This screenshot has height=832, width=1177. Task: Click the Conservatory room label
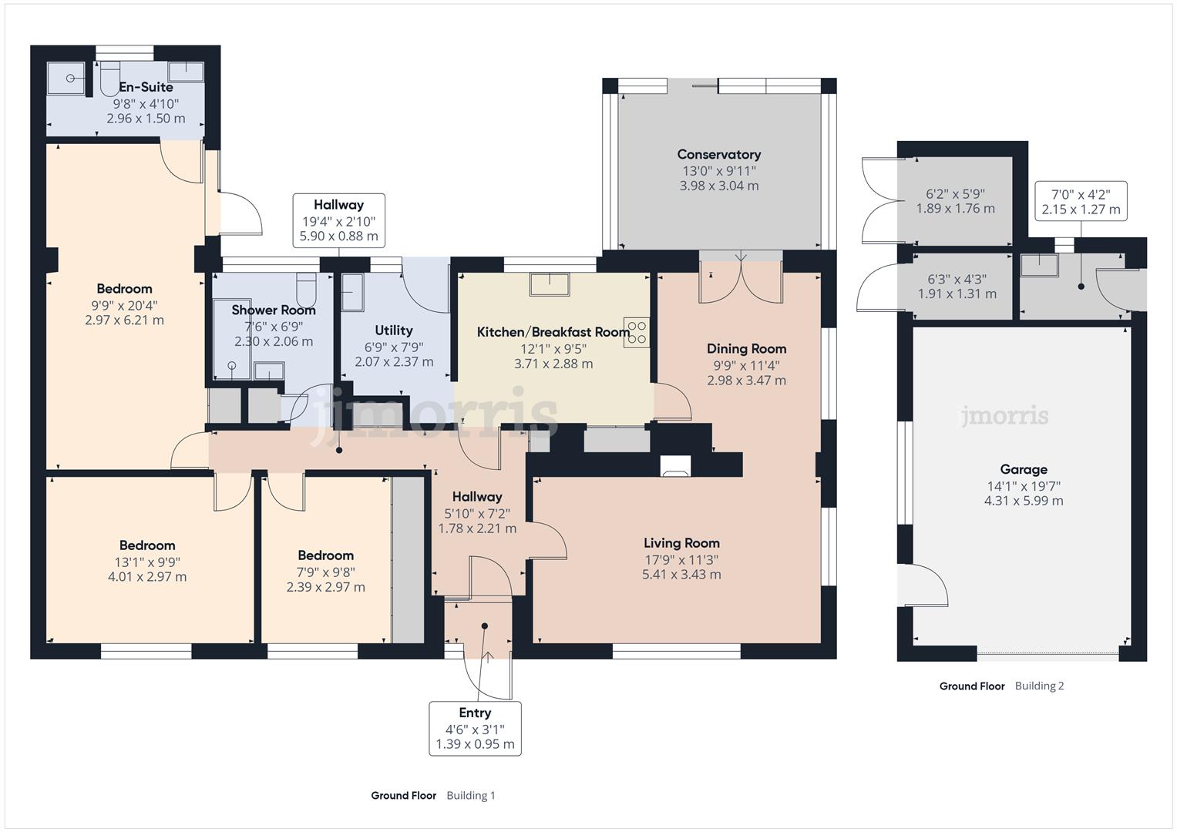pyautogui.click(x=719, y=154)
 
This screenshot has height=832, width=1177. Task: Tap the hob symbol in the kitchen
pyautogui.click(x=637, y=333)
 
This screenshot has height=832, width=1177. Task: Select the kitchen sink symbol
pyautogui.click(x=549, y=284)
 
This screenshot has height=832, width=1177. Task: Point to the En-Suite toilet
pyautogui.click(x=109, y=79)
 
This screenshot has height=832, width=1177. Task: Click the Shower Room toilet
pyautogui.click(x=306, y=290)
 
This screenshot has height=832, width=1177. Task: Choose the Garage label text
pyautogui.click(x=1024, y=470)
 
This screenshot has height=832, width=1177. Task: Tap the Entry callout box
pyautogui.click(x=475, y=729)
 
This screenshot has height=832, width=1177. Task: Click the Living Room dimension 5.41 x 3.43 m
pyautogui.click(x=681, y=575)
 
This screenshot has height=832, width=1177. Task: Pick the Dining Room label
pyautogui.click(x=746, y=349)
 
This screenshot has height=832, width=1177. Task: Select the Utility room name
pyautogui.click(x=394, y=330)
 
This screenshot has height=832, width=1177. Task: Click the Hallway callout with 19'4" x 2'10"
pyautogui.click(x=339, y=220)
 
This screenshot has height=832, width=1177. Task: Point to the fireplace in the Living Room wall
pyautogui.click(x=675, y=466)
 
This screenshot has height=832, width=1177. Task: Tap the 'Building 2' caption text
pyautogui.click(x=1039, y=686)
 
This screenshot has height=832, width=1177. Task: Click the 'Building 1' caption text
pyautogui.click(x=471, y=796)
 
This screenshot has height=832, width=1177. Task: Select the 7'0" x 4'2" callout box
pyautogui.click(x=1081, y=201)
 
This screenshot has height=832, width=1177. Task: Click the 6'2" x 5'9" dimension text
pyautogui.click(x=955, y=194)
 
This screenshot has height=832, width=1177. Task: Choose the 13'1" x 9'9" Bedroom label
pyautogui.click(x=147, y=561)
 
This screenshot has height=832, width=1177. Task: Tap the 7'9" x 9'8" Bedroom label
pyautogui.click(x=326, y=572)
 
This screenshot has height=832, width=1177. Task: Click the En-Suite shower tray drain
pyautogui.click(x=70, y=79)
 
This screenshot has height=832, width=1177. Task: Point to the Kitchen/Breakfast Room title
pyautogui.click(x=553, y=332)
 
